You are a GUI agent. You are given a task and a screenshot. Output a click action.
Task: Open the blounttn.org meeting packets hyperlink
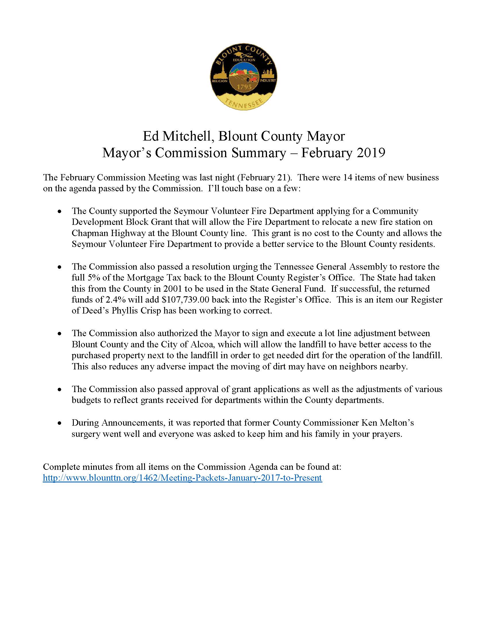point(182,478)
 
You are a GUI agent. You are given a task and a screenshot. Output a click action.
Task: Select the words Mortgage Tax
point(154,278)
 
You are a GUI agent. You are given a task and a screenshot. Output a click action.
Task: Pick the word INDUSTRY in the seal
point(268,80)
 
